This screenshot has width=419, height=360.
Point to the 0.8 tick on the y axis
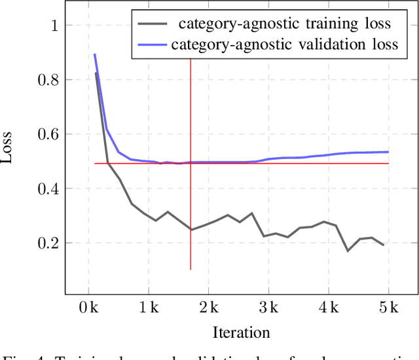click(x=48, y=80)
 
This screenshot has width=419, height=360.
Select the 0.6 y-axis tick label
click(x=48, y=134)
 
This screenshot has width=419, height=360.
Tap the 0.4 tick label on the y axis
click(x=48, y=189)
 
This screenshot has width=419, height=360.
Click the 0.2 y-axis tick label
click(x=48, y=243)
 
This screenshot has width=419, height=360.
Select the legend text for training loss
click(x=285, y=25)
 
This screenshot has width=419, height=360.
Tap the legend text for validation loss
click(x=285, y=45)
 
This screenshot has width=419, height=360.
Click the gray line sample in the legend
click(x=153, y=25)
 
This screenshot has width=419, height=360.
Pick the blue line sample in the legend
click(x=153, y=45)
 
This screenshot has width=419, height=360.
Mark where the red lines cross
click(x=191, y=164)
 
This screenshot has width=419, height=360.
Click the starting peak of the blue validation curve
click(x=95, y=55)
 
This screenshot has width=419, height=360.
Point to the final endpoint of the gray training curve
click(x=383, y=245)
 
